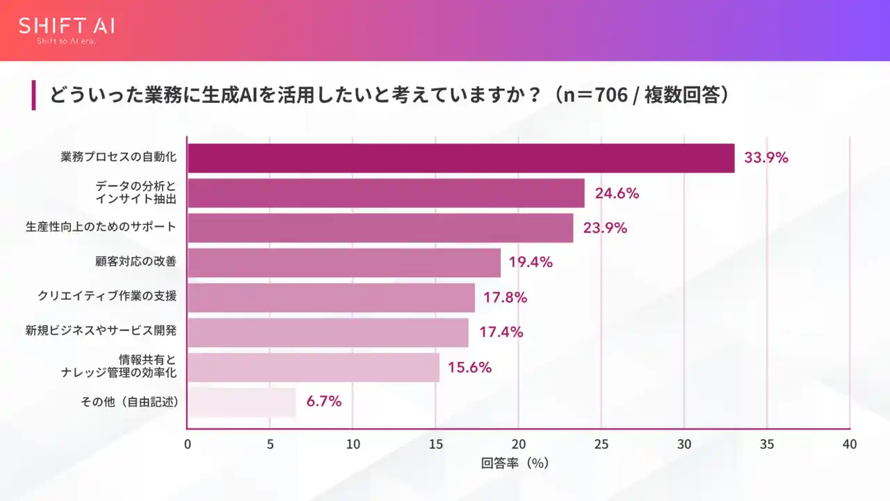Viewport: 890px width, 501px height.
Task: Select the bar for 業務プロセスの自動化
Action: (x=461, y=158)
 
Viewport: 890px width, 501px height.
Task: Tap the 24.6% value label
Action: (x=616, y=193)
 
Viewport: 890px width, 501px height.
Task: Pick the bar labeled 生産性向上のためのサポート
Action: (x=380, y=228)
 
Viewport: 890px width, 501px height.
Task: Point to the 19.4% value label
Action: (x=530, y=262)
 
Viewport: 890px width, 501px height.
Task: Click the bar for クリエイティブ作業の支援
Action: (x=331, y=298)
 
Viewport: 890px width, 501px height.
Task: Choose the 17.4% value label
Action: (x=501, y=332)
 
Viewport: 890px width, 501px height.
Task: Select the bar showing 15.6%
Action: (x=314, y=367)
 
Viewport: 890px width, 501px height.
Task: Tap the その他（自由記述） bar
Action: (x=242, y=402)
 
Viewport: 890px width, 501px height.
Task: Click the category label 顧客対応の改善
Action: (x=136, y=262)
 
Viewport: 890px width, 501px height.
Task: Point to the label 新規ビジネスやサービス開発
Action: (x=101, y=331)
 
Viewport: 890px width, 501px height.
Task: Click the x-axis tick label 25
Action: (x=601, y=444)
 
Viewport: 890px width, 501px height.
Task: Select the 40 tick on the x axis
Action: (x=849, y=444)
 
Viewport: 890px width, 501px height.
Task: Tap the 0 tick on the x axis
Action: (x=188, y=444)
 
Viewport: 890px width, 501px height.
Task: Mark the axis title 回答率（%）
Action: (x=515, y=463)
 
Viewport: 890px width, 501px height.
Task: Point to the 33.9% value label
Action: (x=766, y=158)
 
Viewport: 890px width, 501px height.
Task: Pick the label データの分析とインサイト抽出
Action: (x=136, y=193)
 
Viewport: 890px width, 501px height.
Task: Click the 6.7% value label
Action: (x=324, y=401)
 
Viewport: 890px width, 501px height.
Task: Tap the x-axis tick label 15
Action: (x=435, y=444)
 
